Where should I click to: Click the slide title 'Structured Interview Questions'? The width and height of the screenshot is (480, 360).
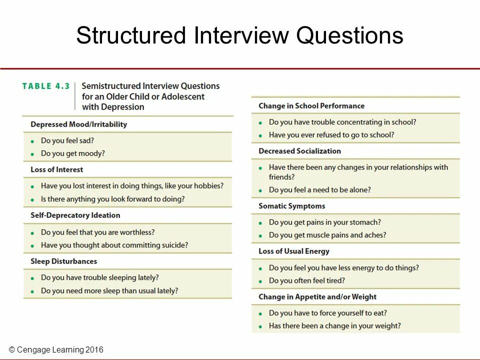(239, 36)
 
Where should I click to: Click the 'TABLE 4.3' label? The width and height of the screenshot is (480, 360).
(46, 86)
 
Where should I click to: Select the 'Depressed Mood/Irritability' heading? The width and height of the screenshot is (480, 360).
(78, 124)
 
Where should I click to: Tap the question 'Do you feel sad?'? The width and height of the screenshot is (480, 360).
(67, 140)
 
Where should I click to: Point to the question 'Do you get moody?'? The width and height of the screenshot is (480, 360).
(72, 153)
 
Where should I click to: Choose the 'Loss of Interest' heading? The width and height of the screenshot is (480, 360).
(56, 169)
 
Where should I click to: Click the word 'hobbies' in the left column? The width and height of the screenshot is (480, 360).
(206, 186)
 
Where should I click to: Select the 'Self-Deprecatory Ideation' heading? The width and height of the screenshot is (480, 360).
(75, 215)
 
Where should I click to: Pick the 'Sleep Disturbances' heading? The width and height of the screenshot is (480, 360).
(63, 261)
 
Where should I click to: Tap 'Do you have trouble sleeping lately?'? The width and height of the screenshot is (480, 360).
(99, 277)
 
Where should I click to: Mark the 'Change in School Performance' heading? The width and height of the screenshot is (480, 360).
(311, 106)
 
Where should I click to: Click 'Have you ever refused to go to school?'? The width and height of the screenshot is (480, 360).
(331, 135)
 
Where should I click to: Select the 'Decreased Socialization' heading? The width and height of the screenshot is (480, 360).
(299, 151)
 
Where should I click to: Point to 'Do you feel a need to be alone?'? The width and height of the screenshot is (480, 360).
(319, 190)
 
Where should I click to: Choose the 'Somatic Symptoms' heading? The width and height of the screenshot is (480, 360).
(291, 206)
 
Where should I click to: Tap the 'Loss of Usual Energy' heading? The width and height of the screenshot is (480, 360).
(293, 251)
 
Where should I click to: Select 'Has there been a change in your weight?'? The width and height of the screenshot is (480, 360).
(334, 326)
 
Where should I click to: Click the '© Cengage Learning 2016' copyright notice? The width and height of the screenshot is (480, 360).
(56, 350)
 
